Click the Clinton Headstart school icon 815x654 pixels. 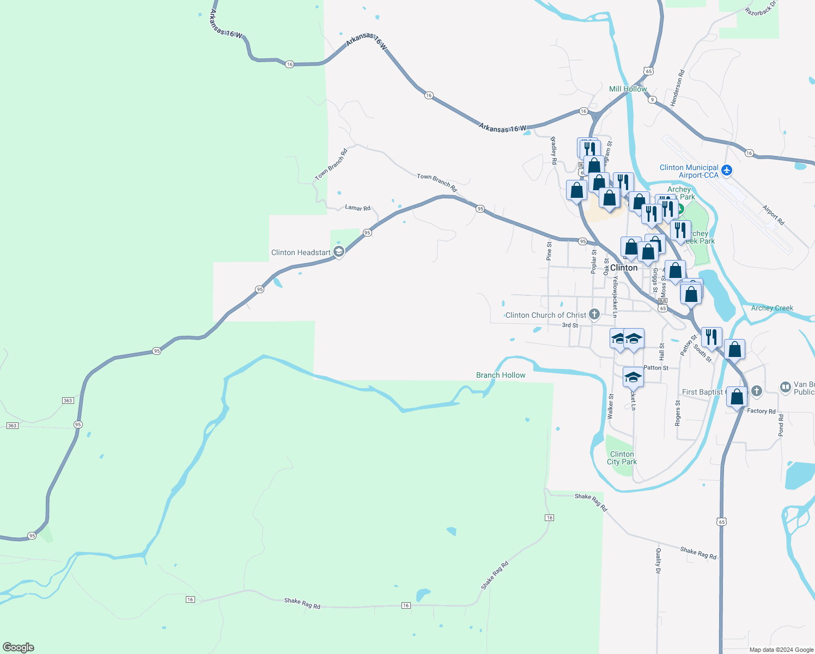[x=339, y=252]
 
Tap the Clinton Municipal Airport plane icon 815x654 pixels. [x=727, y=171]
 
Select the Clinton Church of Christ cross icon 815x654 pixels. [x=594, y=314]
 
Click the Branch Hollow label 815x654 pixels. [x=501, y=375]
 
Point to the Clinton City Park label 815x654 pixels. [x=622, y=458]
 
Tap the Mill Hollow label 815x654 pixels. [x=628, y=89]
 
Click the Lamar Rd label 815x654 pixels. [x=357, y=208]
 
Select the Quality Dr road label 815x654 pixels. [x=658, y=561]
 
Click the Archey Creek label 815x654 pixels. [x=772, y=308]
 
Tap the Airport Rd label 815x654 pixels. [x=773, y=215]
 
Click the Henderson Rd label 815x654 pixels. [x=677, y=88]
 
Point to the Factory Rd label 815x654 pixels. [x=761, y=411]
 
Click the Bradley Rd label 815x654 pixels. [x=554, y=150]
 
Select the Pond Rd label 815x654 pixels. [x=781, y=425]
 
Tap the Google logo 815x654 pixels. [x=19, y=647]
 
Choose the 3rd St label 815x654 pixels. [x=570, y=325]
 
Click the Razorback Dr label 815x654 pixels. [x=761, y=8]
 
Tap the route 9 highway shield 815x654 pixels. [x=652, y=100]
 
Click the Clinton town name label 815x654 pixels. [x=624, y=268]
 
